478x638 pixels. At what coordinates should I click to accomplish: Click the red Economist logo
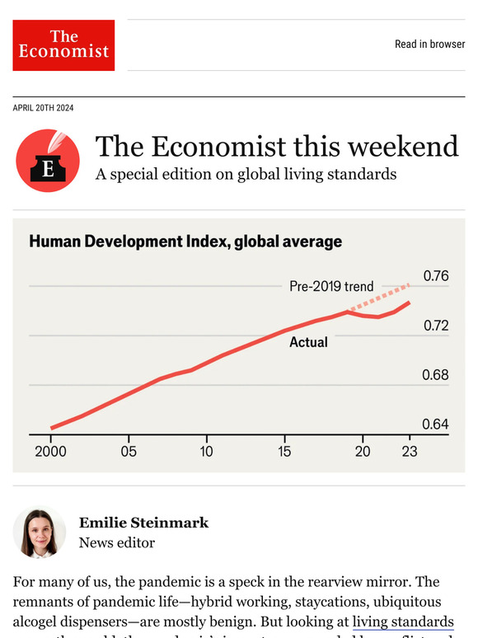(63, 45)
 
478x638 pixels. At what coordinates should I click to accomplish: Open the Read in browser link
(429, 45)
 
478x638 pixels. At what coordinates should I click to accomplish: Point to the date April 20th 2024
(49, 108)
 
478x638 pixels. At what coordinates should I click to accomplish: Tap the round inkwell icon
(48, 161)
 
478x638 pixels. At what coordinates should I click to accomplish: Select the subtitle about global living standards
(246, 175)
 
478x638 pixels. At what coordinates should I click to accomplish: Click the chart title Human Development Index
(185, 242)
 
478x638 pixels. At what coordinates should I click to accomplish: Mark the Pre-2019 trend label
(331, 287)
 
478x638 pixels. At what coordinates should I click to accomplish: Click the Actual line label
(308, 341)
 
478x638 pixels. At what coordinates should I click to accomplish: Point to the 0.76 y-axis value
(435, 276)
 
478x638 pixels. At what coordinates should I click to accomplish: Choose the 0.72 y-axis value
(435, 326)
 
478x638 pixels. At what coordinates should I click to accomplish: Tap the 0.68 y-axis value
(435, 375)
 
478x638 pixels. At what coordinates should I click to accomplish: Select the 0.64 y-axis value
(435, 425)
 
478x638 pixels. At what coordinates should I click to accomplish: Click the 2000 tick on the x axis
(50, 452)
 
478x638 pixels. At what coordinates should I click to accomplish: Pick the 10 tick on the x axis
(206, 452)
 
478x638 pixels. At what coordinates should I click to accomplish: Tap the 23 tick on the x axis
(409, 452)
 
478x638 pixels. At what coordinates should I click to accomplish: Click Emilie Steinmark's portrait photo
(40, 532)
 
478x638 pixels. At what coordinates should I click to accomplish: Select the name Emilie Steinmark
(143, 523)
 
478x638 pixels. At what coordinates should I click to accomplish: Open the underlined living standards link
(403, 622)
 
